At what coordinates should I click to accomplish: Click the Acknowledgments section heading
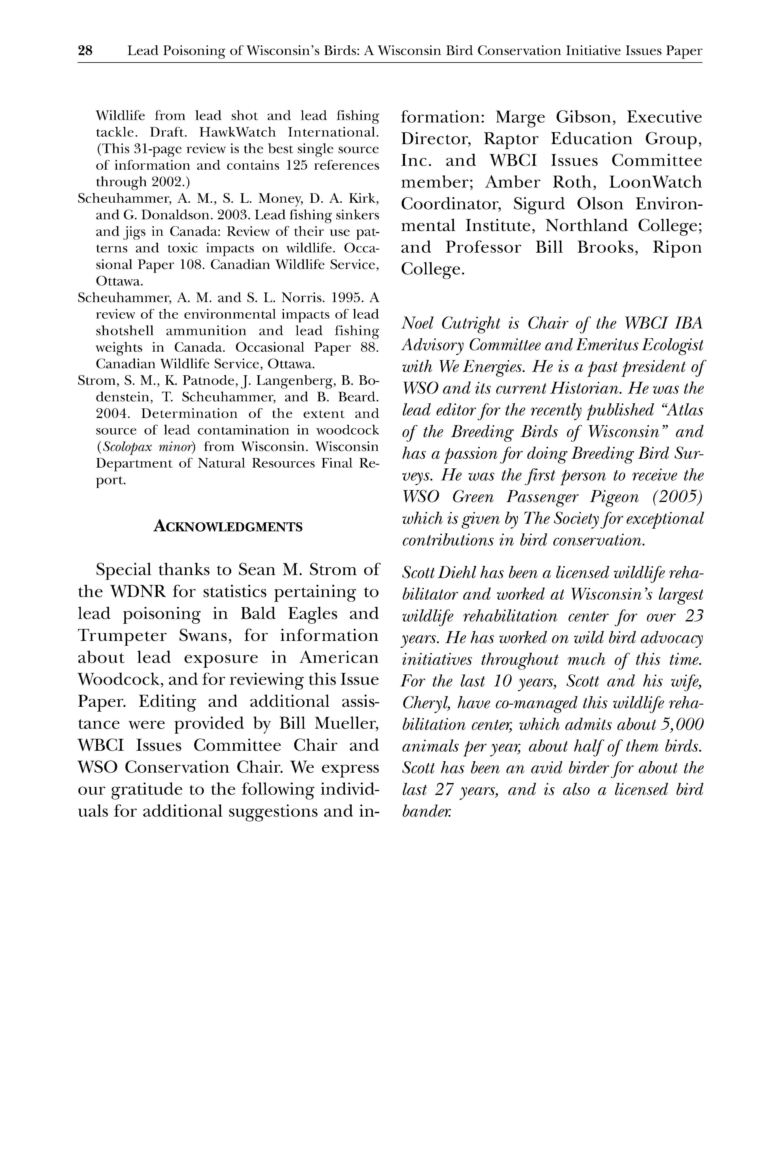click(228, 526)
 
